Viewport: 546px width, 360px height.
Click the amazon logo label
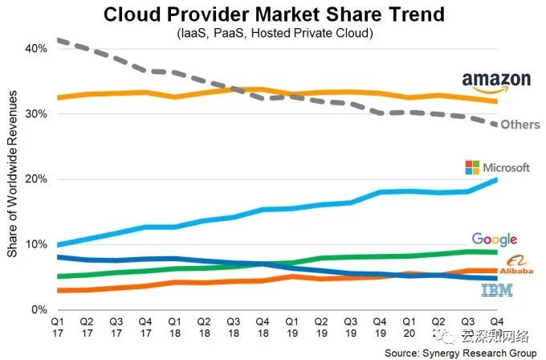point(495,80)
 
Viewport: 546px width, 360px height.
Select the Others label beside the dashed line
point(520,125)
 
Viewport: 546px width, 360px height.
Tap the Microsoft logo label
point(497,168)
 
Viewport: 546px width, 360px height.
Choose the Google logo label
point(494,239)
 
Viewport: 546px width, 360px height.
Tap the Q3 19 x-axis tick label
point(350,325)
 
